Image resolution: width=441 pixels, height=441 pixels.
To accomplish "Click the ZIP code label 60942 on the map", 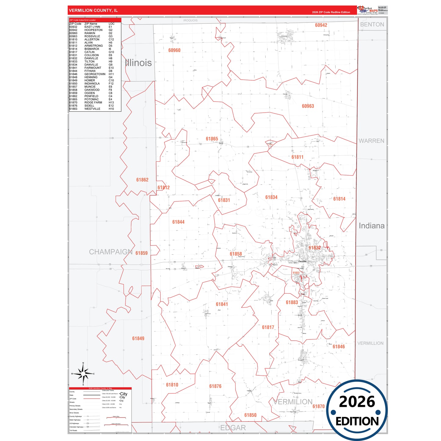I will (321, 25).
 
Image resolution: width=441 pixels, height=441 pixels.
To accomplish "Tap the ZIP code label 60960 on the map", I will (174, 50).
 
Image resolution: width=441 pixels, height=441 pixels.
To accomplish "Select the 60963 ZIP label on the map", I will (308, 106).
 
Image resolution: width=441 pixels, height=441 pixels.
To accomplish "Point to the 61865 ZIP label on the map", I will (212, 139).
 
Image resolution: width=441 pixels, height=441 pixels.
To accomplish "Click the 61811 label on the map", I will (297, 157).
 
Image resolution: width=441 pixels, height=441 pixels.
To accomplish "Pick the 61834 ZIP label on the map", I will (271, 197).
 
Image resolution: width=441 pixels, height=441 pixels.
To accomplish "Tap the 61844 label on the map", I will (178, 222).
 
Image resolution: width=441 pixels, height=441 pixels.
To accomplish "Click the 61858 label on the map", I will (236, 254).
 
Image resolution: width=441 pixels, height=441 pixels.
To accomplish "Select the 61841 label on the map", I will (222, 304).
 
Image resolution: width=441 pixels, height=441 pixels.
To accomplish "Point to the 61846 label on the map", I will (338, 347).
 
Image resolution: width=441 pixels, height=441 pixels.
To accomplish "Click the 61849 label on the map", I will (138, 338).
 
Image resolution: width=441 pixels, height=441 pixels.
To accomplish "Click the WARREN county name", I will (371, 141).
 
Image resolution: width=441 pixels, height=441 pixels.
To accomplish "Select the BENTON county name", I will (372, 25).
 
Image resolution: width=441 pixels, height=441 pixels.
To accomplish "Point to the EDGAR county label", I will (233, 428).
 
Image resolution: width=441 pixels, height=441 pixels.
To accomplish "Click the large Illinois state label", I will (138, 63).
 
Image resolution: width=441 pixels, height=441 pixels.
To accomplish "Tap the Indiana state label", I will (371, 226).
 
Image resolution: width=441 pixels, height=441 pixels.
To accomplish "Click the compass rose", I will (83, 374).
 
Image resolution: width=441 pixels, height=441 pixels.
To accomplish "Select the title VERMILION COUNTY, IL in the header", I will (93, 10).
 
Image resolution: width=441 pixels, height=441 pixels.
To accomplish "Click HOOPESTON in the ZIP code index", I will (93, 30).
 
